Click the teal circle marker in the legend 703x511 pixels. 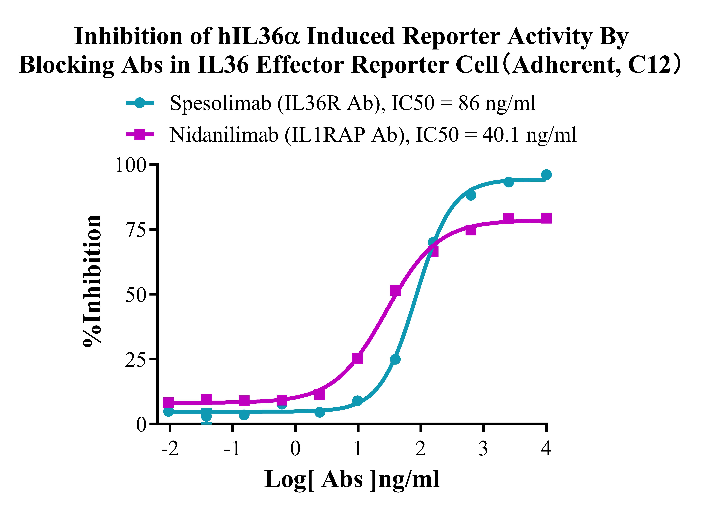tap(140, 103)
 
